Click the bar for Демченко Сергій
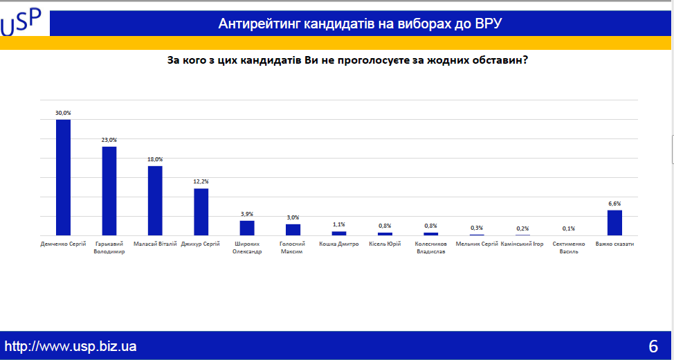(x=63, y=178)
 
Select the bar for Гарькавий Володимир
(x=109, y=191)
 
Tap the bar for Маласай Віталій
(x=155, y=201)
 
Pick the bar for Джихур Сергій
(x=201, y=212)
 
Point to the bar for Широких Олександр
(x=247, y=228)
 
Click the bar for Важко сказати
(x=614, y=223)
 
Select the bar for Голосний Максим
(x=293, y=230)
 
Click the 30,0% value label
(x=63, y=113)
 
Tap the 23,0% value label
(x=109, y=141)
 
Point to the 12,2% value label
(x=201, y=182)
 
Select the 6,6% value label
(x=614, y=204)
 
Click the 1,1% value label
(x=339, y=224)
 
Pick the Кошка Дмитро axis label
(x=338, y=244)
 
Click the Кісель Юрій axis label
(x=385, y=244)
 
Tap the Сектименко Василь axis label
(x=569, y=248)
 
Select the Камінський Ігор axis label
(x=522, y=244)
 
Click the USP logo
(x=21, y=22)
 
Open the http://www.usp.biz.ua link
(x=71, y=345)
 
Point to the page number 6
(x=653, y=346)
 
